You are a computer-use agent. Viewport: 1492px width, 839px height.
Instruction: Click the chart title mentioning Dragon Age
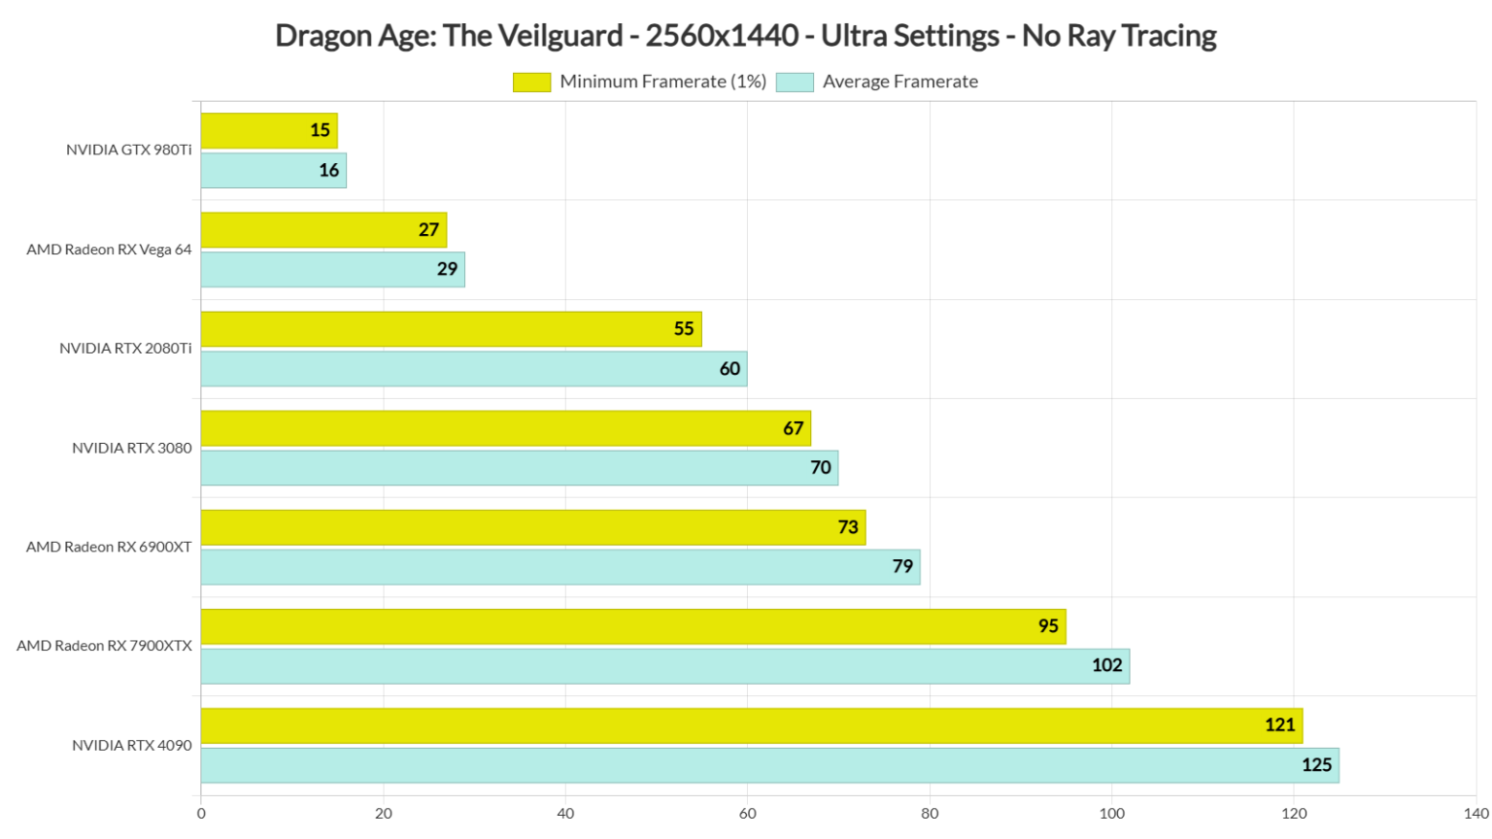(745, 36)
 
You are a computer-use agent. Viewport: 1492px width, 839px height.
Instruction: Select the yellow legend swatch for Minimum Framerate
(531, 83)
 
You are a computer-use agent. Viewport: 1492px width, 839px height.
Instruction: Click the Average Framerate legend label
(899, 83)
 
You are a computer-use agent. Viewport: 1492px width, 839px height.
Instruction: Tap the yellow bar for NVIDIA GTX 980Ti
(269, 131)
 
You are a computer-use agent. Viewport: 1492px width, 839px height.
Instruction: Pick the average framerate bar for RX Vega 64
(332, 270)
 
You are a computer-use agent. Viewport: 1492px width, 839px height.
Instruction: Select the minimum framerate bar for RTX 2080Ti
(451, 329)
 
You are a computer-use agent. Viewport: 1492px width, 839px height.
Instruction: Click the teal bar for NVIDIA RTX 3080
(519, 468)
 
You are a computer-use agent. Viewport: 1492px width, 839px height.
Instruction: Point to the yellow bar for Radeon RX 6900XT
(532, 527)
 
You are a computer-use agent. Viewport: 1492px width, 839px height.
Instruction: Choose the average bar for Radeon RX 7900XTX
(664, 666)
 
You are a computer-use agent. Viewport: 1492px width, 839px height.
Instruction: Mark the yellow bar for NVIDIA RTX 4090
(751, 726)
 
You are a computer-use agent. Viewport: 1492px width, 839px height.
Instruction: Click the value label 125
(1316, 765)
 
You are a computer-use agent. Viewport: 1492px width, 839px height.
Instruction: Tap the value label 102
(1106, 666)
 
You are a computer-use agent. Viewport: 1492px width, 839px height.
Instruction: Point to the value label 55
(684, 329)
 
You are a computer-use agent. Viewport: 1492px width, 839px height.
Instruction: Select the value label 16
(329, 171)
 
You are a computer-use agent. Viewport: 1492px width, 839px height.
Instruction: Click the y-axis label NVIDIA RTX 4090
(132, 746)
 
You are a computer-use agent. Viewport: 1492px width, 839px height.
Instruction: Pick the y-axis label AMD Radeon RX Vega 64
(109, 250)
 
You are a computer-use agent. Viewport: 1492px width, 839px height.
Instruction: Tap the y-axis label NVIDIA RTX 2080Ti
(125, 349)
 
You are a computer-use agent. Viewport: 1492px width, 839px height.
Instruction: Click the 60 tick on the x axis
(747, 814)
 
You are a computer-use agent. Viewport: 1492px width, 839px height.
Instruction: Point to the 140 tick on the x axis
(1475, 814)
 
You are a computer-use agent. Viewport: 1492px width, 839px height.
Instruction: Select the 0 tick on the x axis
(201, 814)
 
